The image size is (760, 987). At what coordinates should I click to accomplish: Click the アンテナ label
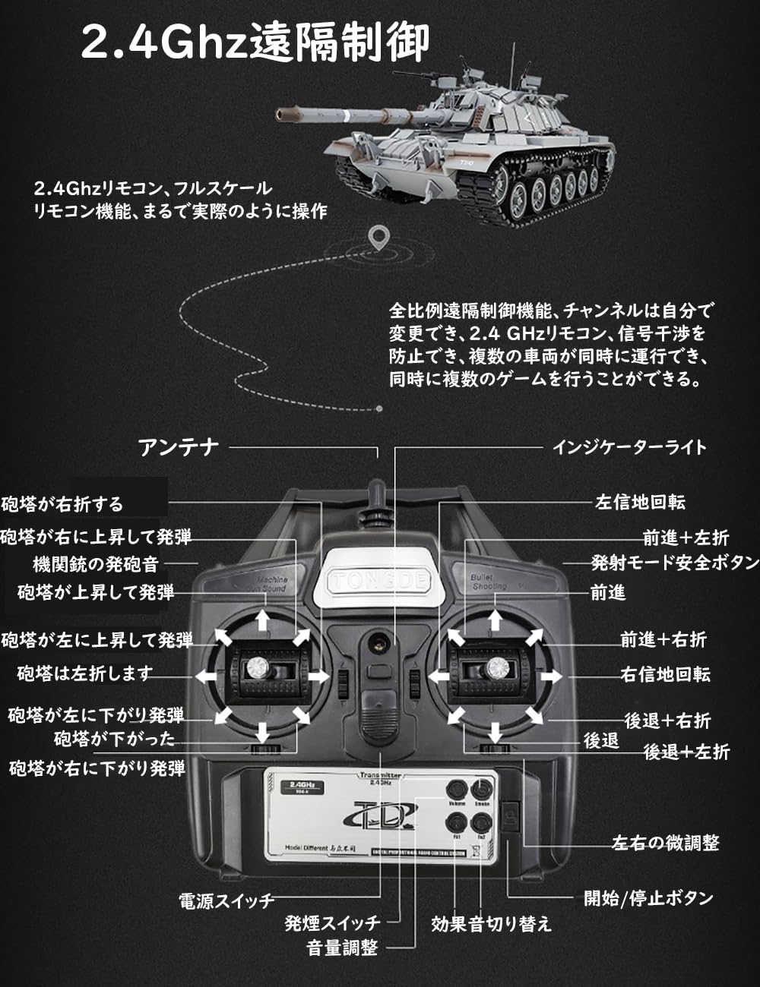pos(179,447)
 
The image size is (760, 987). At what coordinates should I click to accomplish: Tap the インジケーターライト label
pos(629,446)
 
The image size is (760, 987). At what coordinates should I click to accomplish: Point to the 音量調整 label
pos(342,948)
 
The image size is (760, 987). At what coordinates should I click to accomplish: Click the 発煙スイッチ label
pos(332,923)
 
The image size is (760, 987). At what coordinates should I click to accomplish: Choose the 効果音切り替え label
pos(491,924)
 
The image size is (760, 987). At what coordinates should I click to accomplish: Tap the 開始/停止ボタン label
pos(648,898)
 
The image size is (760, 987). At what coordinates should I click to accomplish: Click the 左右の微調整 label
pos(665,843)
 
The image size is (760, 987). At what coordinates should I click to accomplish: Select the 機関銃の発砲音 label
pos(96,564)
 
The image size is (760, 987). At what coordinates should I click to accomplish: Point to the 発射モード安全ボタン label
pos(675,563)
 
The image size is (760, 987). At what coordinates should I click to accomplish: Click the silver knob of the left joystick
pos(255,668)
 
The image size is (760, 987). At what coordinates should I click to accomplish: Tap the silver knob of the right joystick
pos(497,668)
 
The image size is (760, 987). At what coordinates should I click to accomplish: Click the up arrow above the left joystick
pos(262,620)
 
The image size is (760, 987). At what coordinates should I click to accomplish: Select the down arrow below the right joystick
pos(495,733)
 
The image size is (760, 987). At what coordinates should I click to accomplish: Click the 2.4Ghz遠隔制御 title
pos(255,42)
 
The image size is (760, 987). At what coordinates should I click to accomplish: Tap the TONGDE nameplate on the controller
pos(379,582)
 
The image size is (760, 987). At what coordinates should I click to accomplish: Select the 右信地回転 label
pos(665,674)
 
